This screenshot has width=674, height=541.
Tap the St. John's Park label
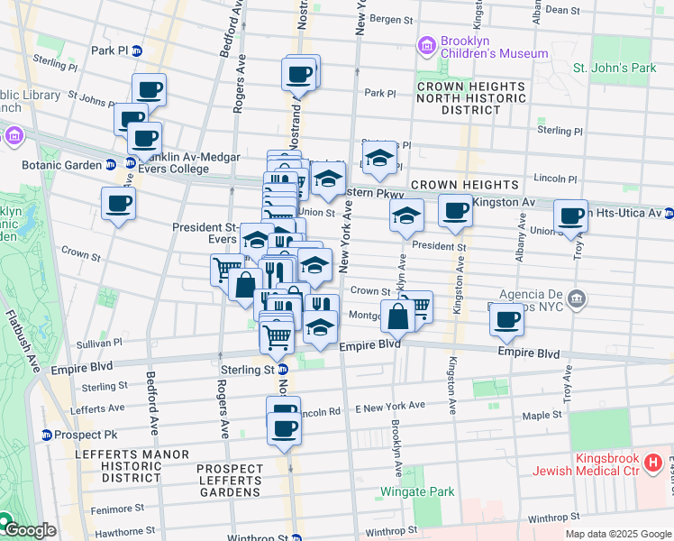coord(615,68)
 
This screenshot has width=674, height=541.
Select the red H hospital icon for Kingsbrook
coord(653,464)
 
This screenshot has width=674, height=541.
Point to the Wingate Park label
coord(415,491)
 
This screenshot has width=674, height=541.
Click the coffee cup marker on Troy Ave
coord(570,216)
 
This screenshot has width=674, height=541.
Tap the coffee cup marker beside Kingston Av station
coord(456,211)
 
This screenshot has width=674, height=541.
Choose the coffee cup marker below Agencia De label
coord(507,319)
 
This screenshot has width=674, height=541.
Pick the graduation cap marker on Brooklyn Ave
coord(407,215)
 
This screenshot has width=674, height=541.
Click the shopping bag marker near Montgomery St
coord(397,316)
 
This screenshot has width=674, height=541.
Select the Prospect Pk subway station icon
coord(46,435)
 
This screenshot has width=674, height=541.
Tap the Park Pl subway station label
coord(110,50)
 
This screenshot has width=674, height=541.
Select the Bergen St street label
coord(391,19)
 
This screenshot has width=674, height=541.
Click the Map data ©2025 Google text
coord(617,533)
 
